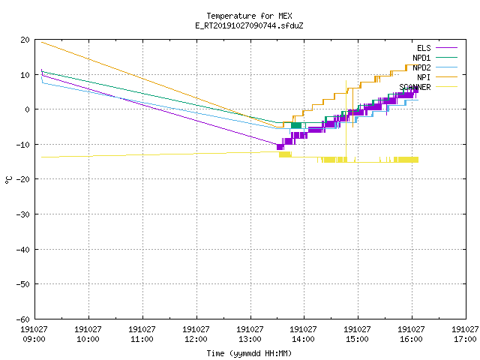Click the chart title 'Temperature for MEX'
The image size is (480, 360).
(249, 16)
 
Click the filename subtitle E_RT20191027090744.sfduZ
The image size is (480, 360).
(249, 25)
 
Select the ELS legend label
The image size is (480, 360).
(424, 48)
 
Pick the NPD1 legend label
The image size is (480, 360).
(421, 58)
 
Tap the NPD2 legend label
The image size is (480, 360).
(421, 67)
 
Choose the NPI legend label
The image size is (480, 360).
(424, 77)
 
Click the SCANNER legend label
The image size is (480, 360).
(415, 87)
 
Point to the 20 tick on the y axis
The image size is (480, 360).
(25, 40)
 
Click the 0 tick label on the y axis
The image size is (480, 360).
(27, 109)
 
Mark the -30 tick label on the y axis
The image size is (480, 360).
(23, 214)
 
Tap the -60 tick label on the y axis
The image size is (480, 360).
(23, 319)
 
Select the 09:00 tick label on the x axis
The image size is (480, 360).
(34, 339)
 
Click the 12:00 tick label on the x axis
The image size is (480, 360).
(196, 339)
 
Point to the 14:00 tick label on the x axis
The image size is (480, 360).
(303, 339)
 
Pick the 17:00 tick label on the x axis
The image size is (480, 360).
(465, 339)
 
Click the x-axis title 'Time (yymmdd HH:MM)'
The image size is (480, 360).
(249, 353)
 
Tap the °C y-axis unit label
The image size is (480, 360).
(8, 180)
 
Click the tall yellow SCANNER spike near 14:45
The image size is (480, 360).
(346, 119)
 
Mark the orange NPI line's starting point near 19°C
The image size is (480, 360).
(42, 42)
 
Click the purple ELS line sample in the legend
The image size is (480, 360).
(447, 48)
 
